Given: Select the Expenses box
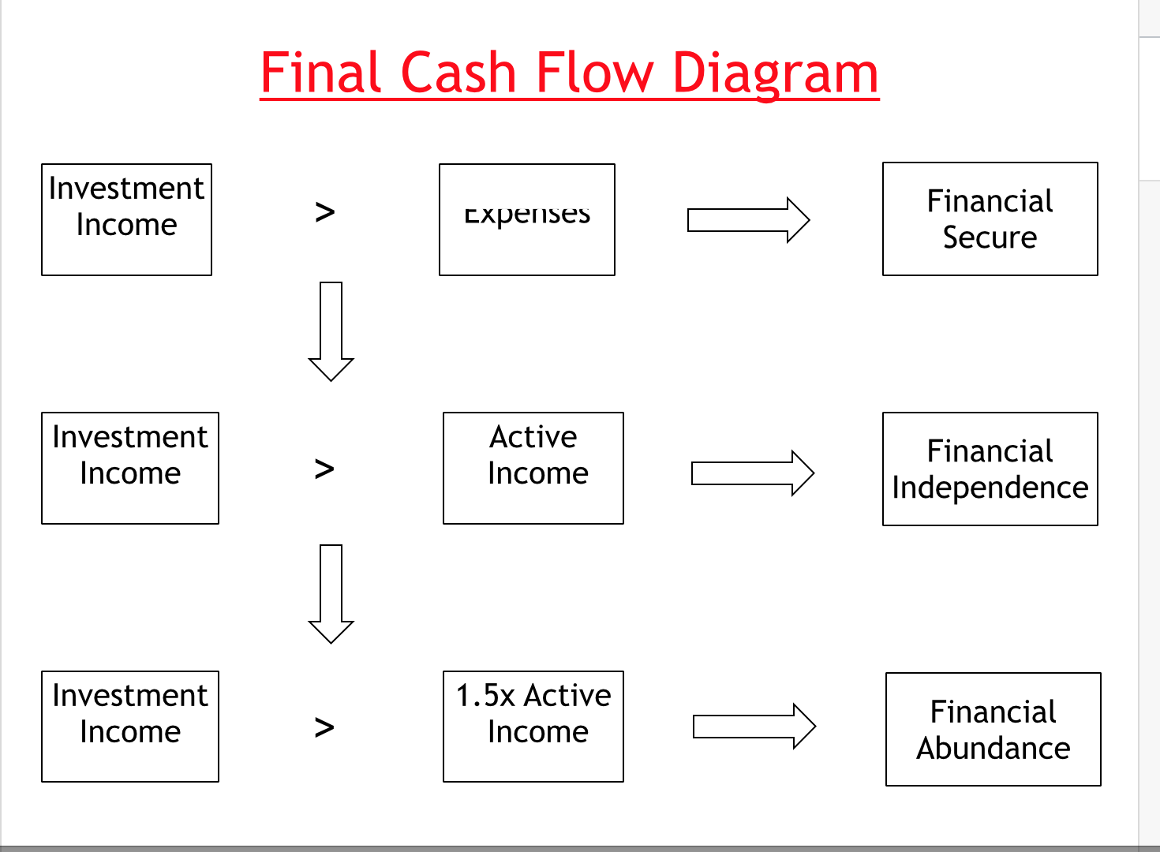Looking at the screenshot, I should coord(526,219).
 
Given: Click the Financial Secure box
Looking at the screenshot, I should coord(990,219).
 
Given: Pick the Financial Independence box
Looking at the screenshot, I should coord(990,469).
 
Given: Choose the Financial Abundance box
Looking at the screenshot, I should coord(993,729).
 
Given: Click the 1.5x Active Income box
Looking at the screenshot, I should coord(533,726).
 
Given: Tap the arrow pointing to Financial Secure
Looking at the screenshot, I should coord(748,220).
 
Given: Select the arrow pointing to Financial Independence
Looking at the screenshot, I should coord(752,473).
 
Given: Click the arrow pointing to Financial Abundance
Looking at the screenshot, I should coord(754,726).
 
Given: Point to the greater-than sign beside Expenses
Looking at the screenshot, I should coord(325,212).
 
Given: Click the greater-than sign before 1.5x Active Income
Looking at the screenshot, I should coord(324,727).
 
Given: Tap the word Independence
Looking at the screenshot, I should coord(990,488).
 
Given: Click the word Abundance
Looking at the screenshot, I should coord(993,748).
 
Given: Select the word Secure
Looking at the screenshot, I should coord(990,237).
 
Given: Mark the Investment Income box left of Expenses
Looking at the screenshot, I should coord(126,219).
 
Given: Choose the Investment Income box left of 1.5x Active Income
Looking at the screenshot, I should coord(130,726).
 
